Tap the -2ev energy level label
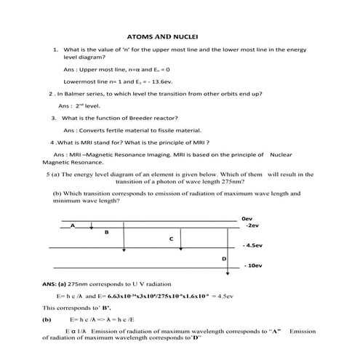(251, 226)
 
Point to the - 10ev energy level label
(252, 266)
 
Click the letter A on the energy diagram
(73, 225)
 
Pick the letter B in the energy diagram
(107, 232)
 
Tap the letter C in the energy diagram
(171, 239)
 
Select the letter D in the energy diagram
(223, 258)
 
